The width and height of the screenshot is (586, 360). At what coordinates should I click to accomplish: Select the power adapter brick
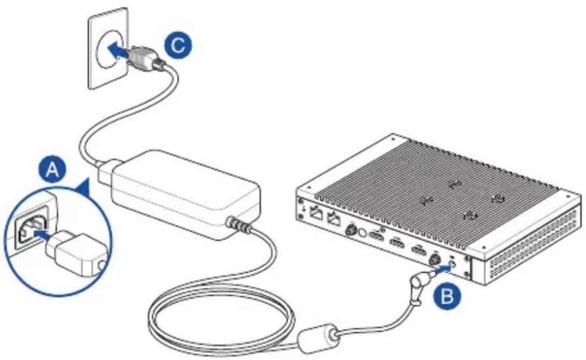179,194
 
